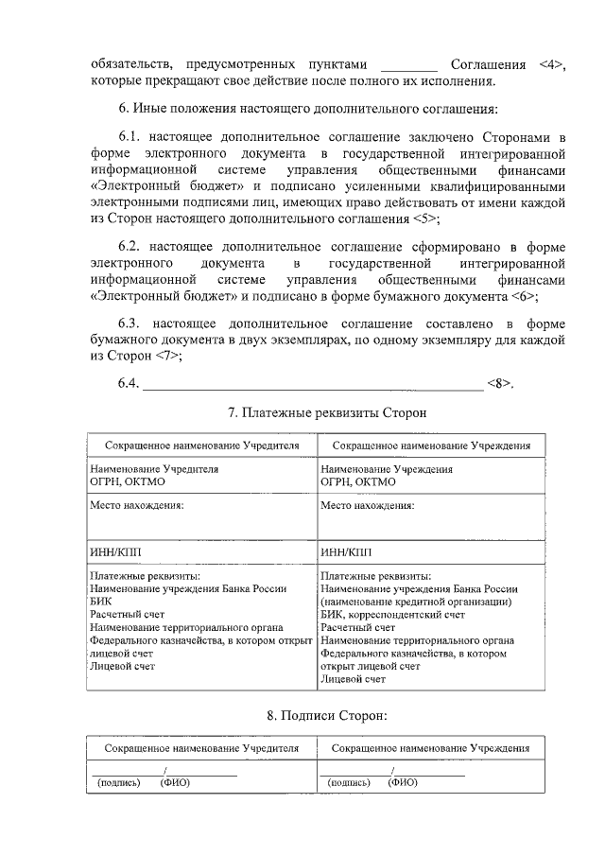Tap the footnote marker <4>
pos(550,64)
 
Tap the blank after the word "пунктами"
pos(407,64)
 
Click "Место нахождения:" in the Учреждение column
pos(366,505)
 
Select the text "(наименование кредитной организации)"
pos(417,602)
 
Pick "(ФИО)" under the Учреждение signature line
pos(404,783)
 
